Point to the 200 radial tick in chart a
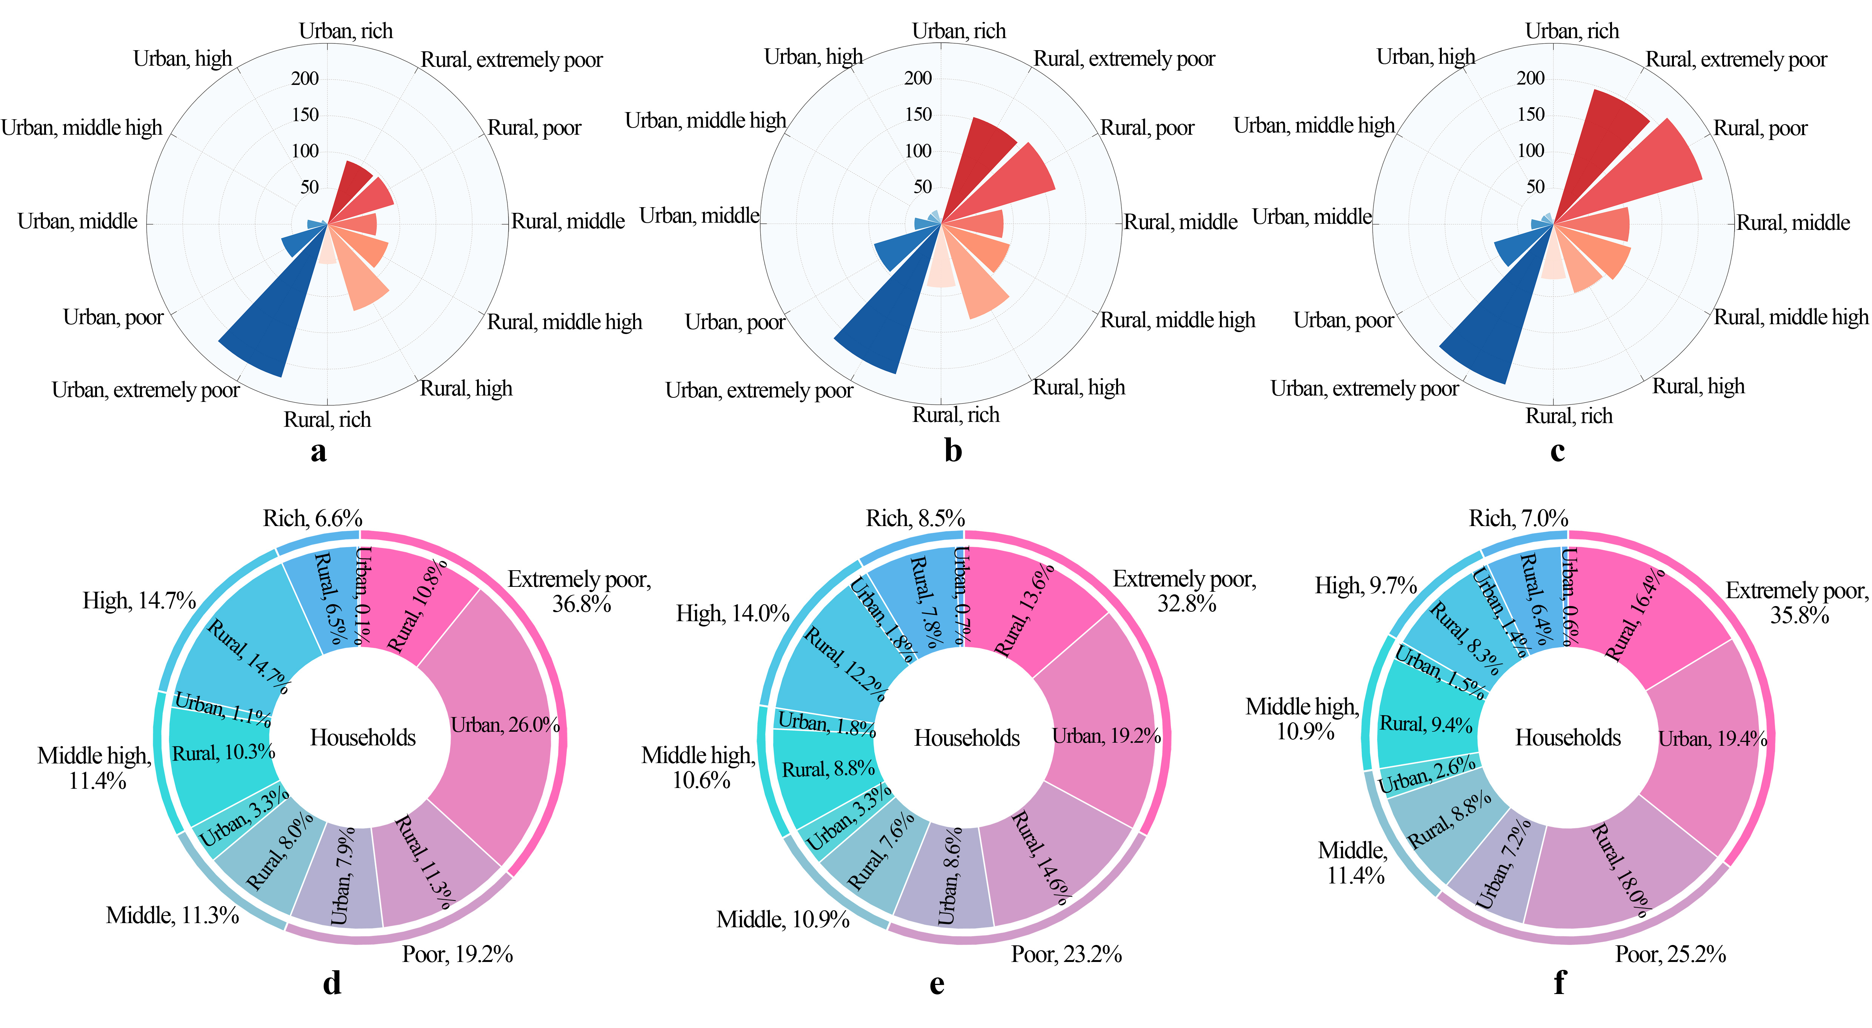tap(305, 78)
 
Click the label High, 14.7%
tap(139, 600)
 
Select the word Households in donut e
tap(966, 738)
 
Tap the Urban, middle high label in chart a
tap(82, 128)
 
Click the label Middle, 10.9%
tap(783, 920)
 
